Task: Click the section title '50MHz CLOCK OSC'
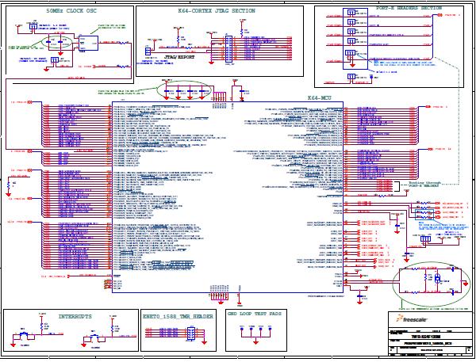pos(67,12)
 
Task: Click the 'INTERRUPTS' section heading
pos(69,314)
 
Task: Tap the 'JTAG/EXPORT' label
pos(179,58)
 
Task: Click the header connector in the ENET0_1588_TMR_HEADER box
pos(190,335)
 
